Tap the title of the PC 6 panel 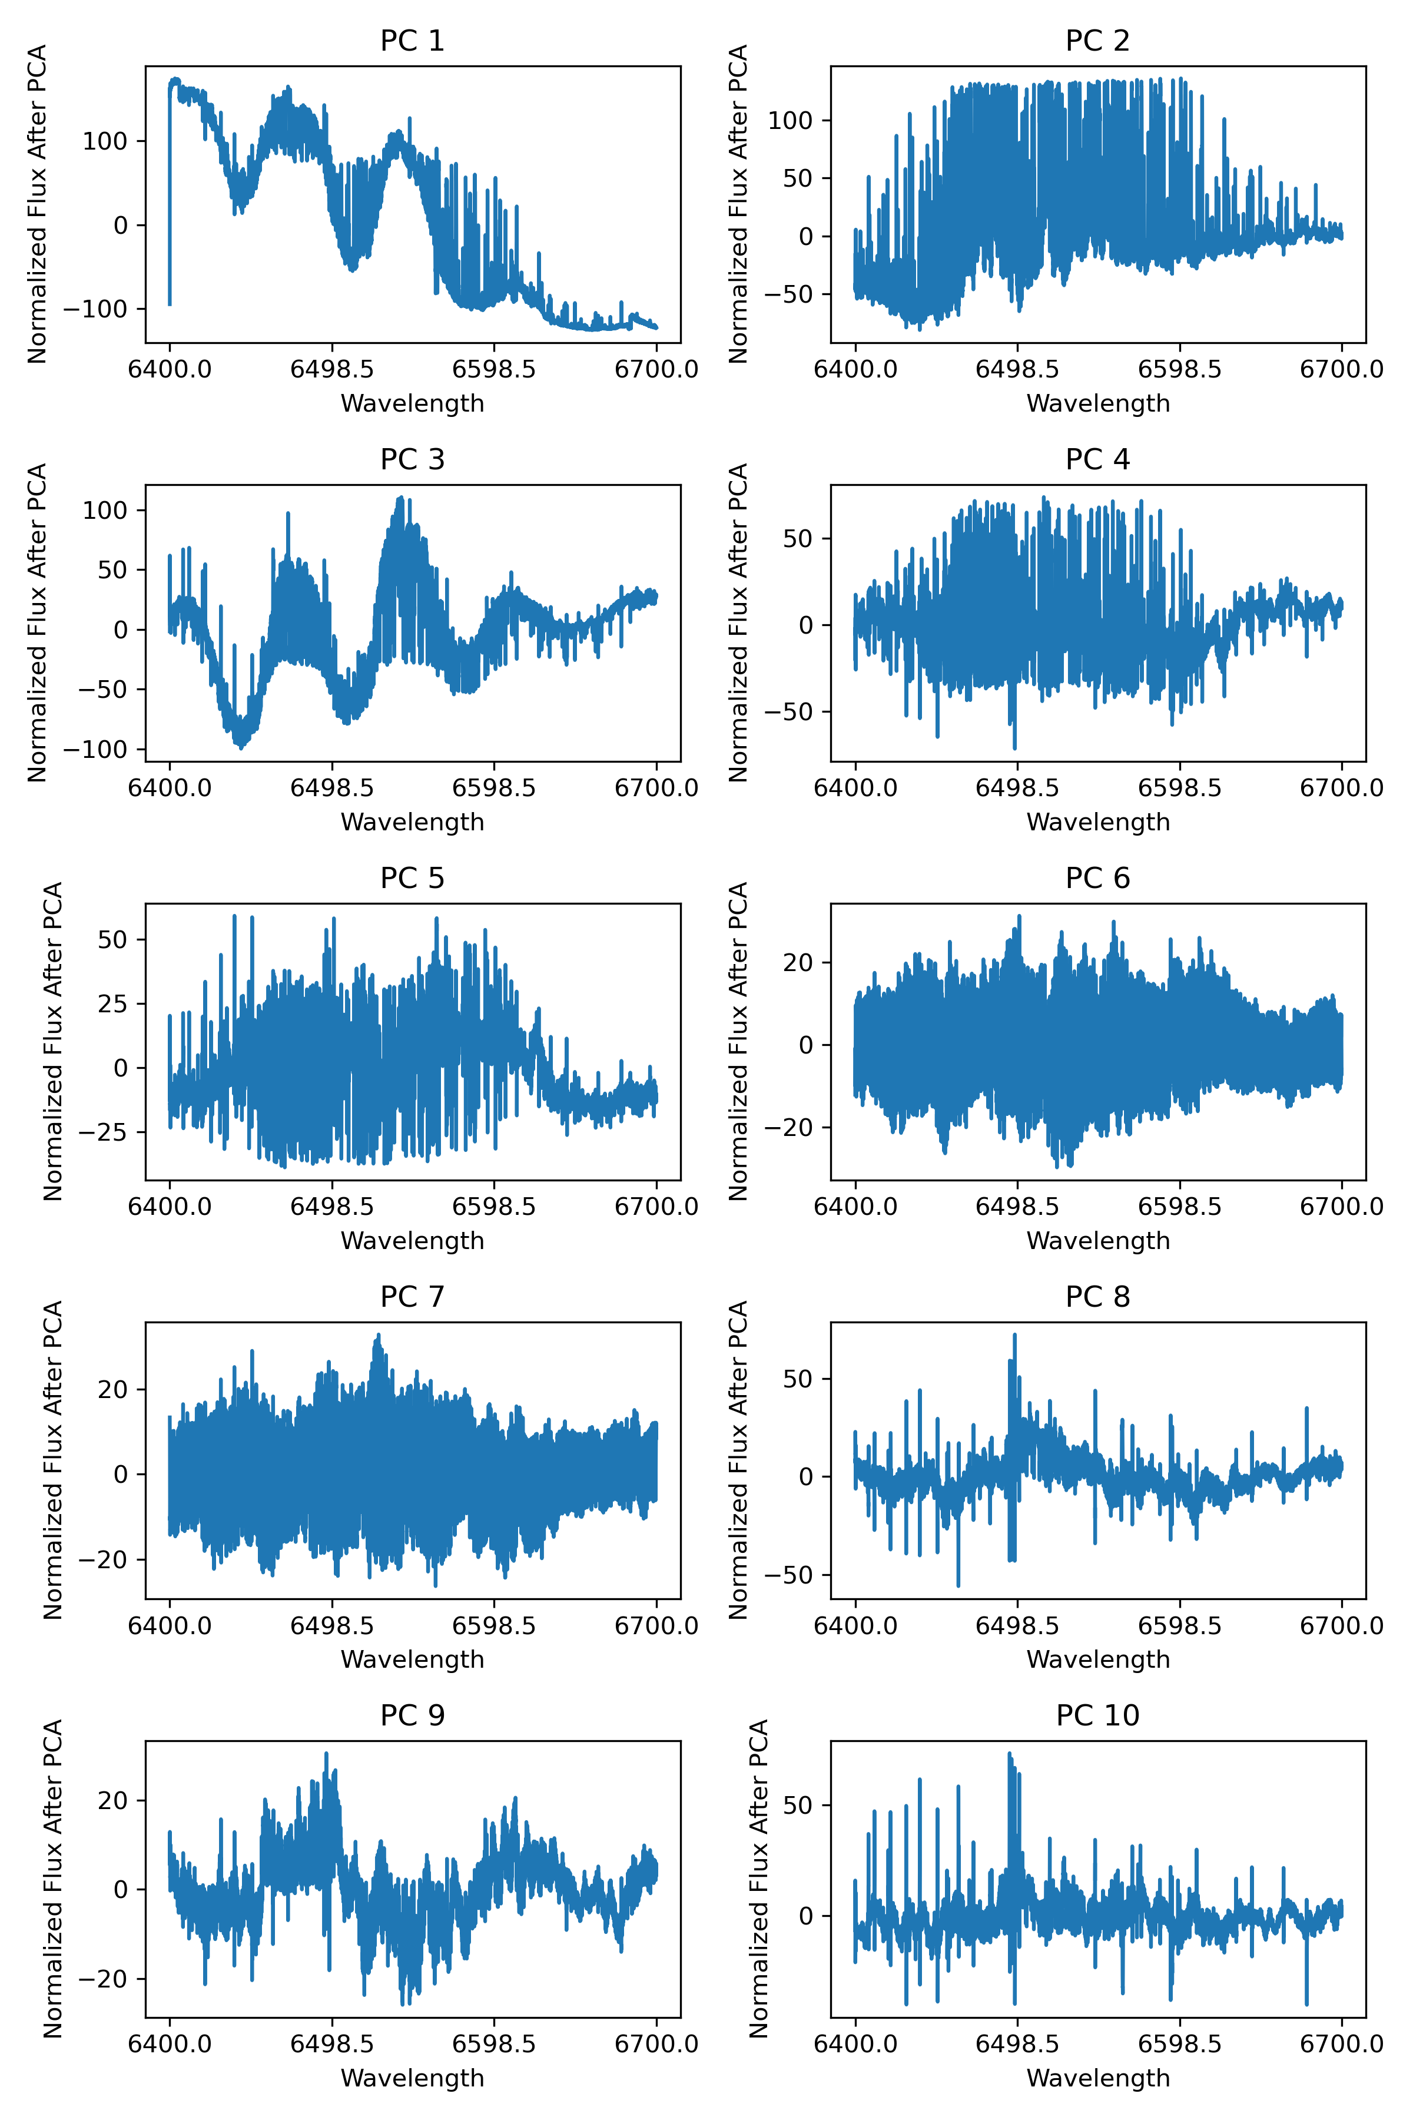click(1097, 878)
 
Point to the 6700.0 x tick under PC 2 click(1341, 370)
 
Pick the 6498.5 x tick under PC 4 click(1017, 788)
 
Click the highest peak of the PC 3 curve click(400, 498)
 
